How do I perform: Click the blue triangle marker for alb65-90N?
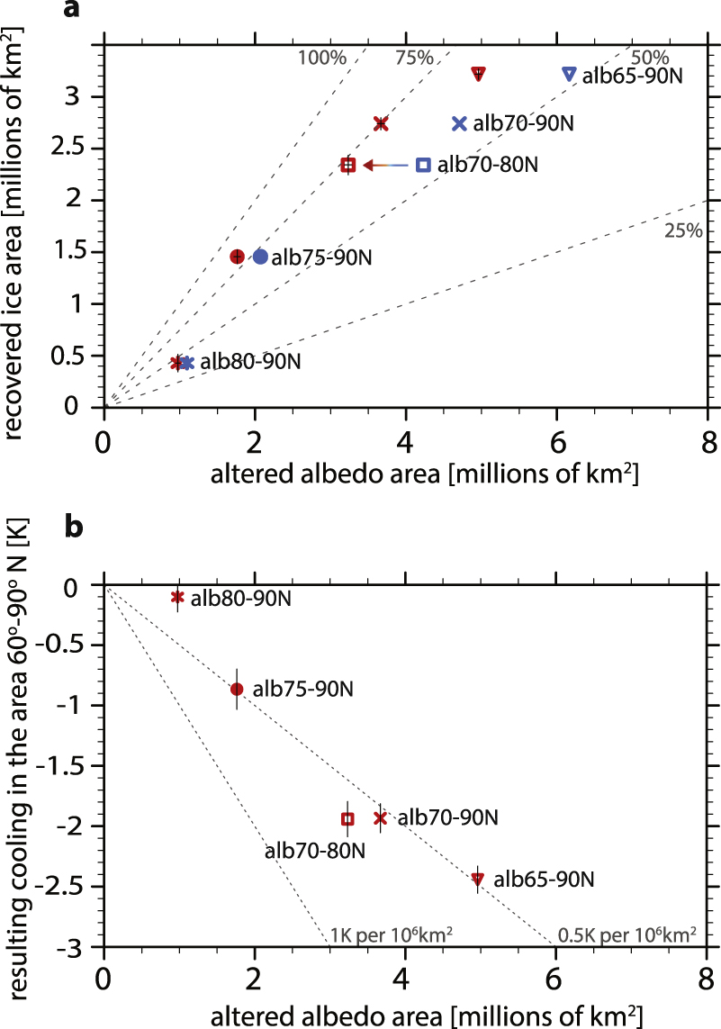pyautogui.click(x=568, y=74)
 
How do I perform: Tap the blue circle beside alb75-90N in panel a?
pyautogui.click(x=260, y=257)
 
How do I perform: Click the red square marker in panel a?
pyautogui.click(x=348, y=165)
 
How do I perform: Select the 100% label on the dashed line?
pyautogui.click(x=321, y=58)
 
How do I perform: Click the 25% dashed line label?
pyautogui.click(x=682, y=231)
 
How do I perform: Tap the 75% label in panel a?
pyautogui.click(x=414, y=58)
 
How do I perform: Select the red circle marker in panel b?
pyautogui.click(x=237, y=690)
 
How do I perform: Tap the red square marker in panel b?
pyautogui.click(x=347, y=818)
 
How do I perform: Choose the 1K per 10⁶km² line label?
pyautogui.click(x=391, y=933)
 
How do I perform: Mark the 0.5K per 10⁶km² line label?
pyautogui.click(x=628, y=933)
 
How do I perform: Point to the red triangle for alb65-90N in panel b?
pyautogui.click(x=478, y=878)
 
